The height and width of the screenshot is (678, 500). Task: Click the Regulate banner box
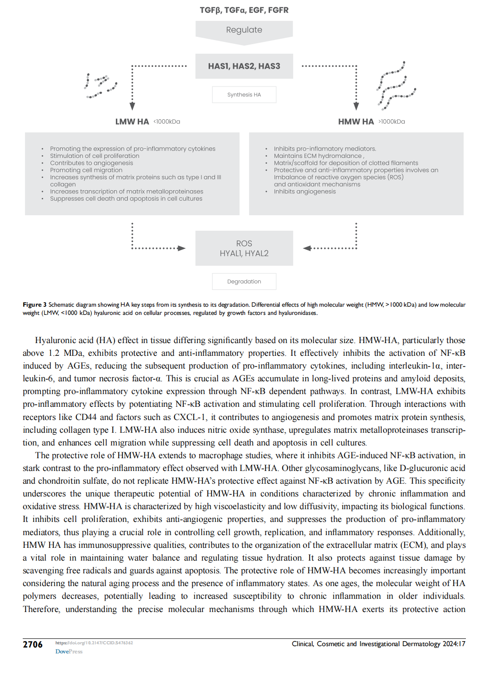pos(244,30)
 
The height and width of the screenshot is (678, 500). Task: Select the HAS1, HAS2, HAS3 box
pos(244,66)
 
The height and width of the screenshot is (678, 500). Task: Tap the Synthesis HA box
pos(244,95)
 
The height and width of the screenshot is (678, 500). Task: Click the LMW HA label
pos(132,121)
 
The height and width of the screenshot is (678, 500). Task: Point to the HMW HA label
pos(356,121)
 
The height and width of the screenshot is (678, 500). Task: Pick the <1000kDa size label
pos(167,121)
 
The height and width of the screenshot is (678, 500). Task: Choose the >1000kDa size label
pos(392,121)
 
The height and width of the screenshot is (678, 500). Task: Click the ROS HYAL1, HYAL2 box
pos(244,248)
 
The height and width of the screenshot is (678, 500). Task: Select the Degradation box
pos(244,282)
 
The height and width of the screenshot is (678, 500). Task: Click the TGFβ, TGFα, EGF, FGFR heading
pos(244,10)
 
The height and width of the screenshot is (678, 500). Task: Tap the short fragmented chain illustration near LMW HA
pos(100,86)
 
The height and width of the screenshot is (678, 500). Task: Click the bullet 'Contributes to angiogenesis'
pos(91,163)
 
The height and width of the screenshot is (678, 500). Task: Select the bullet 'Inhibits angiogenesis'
pos(305,192)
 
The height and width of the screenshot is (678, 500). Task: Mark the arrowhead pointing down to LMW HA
pos(132,106)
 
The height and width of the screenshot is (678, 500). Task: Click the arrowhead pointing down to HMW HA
pos(356,106)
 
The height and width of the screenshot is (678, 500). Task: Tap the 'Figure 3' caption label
pos(35,305)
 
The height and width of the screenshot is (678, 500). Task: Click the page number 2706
pos(33,644)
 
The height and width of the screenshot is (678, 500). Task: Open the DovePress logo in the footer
pos(69,652)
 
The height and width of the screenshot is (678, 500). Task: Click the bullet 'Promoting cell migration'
pos(86,170)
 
